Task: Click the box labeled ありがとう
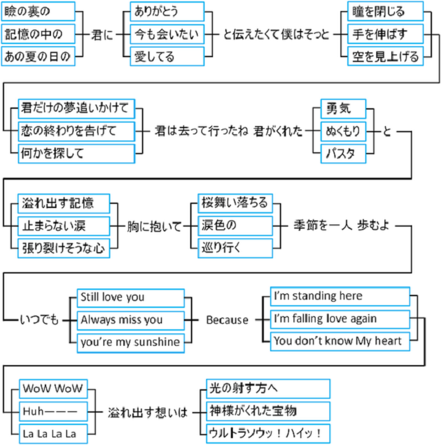pos(167,11)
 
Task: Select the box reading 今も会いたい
pos(167,34)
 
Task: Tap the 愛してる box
pos(167,56)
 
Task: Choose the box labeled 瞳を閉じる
pos(385,11)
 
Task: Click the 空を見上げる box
pos(385,56)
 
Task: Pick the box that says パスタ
pos(343,153)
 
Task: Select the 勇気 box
pos(343,108)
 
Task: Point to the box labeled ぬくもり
pos(343,131)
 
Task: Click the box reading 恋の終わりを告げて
pos(76,131)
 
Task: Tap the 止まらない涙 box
pos(64,225)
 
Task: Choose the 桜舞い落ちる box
pos(235,203)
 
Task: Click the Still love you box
pos(129,297)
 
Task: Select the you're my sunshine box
pos(129,342)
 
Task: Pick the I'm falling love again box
pos(339,319)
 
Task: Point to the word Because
pos(227,320)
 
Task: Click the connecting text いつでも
pos(39,320)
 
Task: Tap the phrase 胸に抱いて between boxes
pos(154,226)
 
